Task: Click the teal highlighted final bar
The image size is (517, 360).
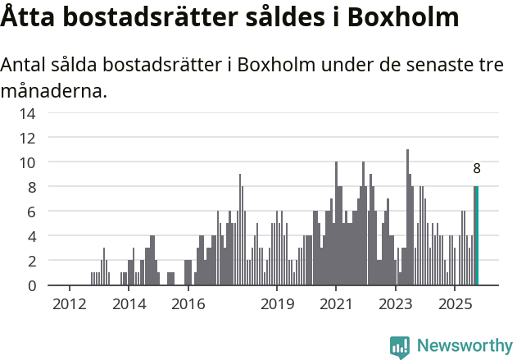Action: pos(477,236)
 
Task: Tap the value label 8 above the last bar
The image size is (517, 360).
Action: pos(477,169)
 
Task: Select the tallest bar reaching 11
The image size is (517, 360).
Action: pos(407,217)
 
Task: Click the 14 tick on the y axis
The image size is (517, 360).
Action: pos(27,113)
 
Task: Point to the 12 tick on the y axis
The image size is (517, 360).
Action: pos(27,138)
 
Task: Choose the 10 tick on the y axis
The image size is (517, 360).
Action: pos(27,162)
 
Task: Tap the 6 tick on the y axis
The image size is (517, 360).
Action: pos(29,212)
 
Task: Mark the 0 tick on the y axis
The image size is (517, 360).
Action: pos(29,285)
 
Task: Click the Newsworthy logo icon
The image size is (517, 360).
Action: pos(400,347)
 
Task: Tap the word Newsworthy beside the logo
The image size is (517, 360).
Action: pos(465,347)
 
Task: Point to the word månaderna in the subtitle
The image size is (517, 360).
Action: pos(54,90)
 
